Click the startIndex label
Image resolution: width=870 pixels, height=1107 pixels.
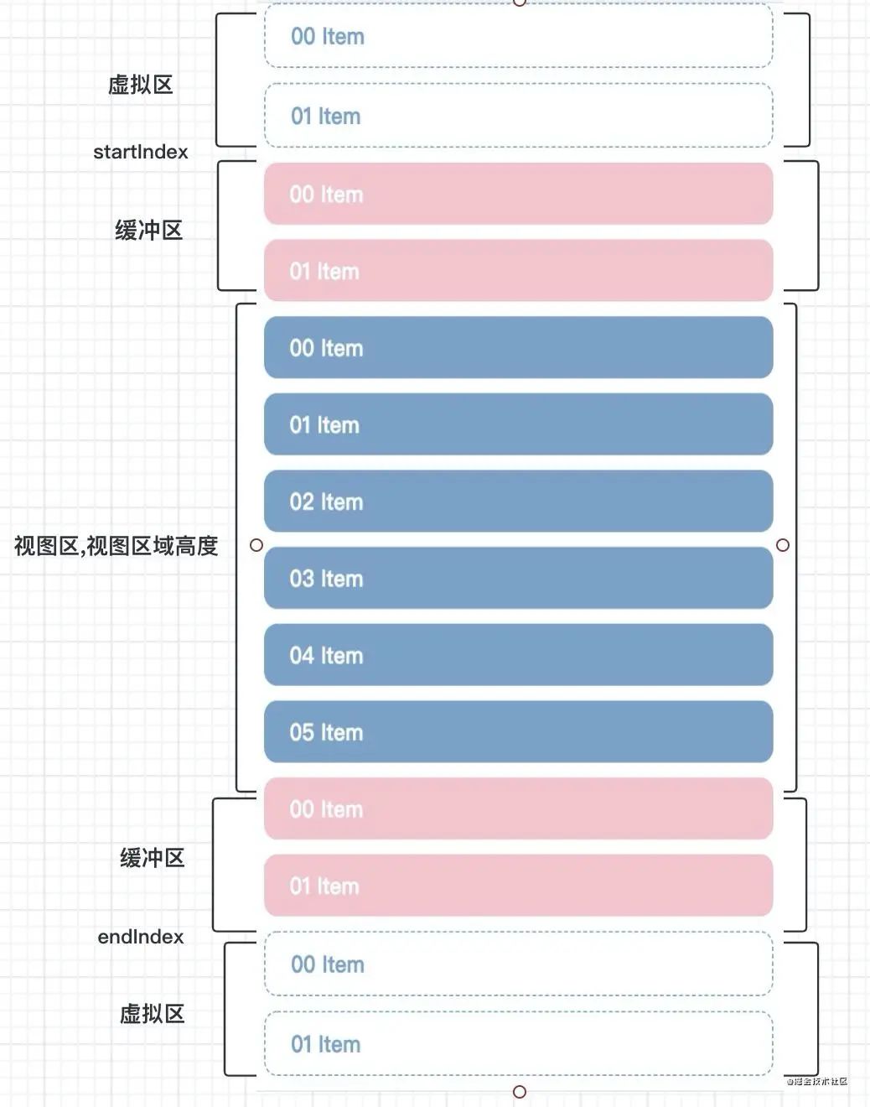tap(140, 152)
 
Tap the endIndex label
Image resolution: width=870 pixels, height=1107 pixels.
tap(140, 937)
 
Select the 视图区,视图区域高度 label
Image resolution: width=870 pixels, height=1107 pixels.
tap(116, 546)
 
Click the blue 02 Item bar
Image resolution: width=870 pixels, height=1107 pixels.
tap(518, 502)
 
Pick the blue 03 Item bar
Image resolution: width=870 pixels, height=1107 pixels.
tap(518, 579)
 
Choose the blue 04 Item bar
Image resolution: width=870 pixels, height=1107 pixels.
tap(518, 655)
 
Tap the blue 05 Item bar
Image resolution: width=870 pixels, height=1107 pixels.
tap(518, 732)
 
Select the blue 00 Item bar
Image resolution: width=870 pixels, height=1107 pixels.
tap(518, 348)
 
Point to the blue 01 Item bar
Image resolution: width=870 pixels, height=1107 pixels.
tap(518, 424)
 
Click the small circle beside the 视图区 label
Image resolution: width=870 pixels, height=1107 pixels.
tap(256, 545)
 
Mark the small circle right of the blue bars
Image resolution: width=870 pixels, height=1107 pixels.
tap(783, 545)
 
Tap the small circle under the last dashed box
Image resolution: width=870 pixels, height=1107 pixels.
tap(520, 1091)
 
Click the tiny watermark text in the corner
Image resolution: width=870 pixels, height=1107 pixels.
tap(816, 1082)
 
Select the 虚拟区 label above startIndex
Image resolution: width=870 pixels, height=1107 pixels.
tap(140, 85)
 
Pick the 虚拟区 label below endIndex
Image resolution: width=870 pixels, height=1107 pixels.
tap(152, 1014)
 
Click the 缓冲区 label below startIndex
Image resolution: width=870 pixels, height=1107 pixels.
tap(148, 231)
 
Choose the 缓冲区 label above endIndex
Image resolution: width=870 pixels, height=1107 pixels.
tap(152, 858)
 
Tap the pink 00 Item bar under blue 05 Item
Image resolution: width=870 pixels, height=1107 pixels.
tap(518, 809)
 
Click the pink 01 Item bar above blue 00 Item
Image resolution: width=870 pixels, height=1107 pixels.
tap(518, 271)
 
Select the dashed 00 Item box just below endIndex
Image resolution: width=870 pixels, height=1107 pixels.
tap(518, 964)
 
